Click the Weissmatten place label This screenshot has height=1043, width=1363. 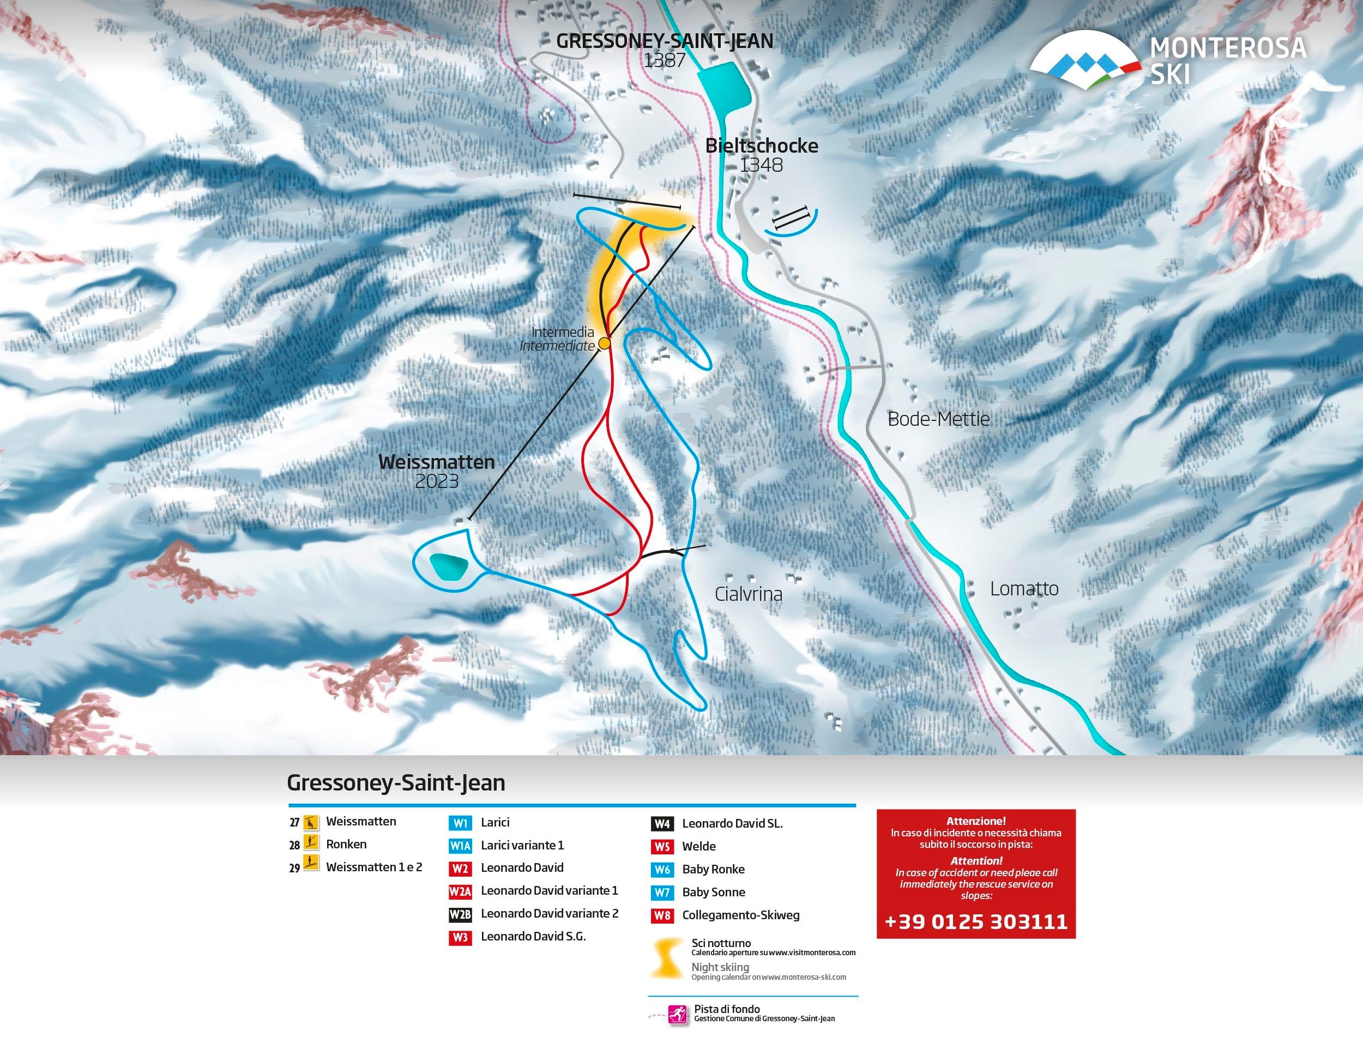click(436, 462)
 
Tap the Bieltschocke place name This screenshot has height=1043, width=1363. click(762, 146)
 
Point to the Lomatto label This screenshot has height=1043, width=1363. click(1024, 588)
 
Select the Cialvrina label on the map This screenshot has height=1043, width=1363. click(748, 594)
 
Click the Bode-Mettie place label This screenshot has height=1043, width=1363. click(938, 419)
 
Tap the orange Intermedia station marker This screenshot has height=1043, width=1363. click(604, 343)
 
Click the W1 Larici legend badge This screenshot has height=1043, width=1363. click(461, 823)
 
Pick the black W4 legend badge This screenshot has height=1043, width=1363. click(662, 824)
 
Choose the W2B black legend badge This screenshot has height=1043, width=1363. click(461, 914)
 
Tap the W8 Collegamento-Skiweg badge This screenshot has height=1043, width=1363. click(662, 916)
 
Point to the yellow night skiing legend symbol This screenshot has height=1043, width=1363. click(666, 960)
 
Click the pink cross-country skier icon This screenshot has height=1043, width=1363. click(678, 1015)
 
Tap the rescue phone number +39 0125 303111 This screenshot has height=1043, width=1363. click(976, 921)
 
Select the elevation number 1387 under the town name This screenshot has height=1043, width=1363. click(664, 60)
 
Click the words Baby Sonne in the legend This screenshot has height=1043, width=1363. click(713, 892)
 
